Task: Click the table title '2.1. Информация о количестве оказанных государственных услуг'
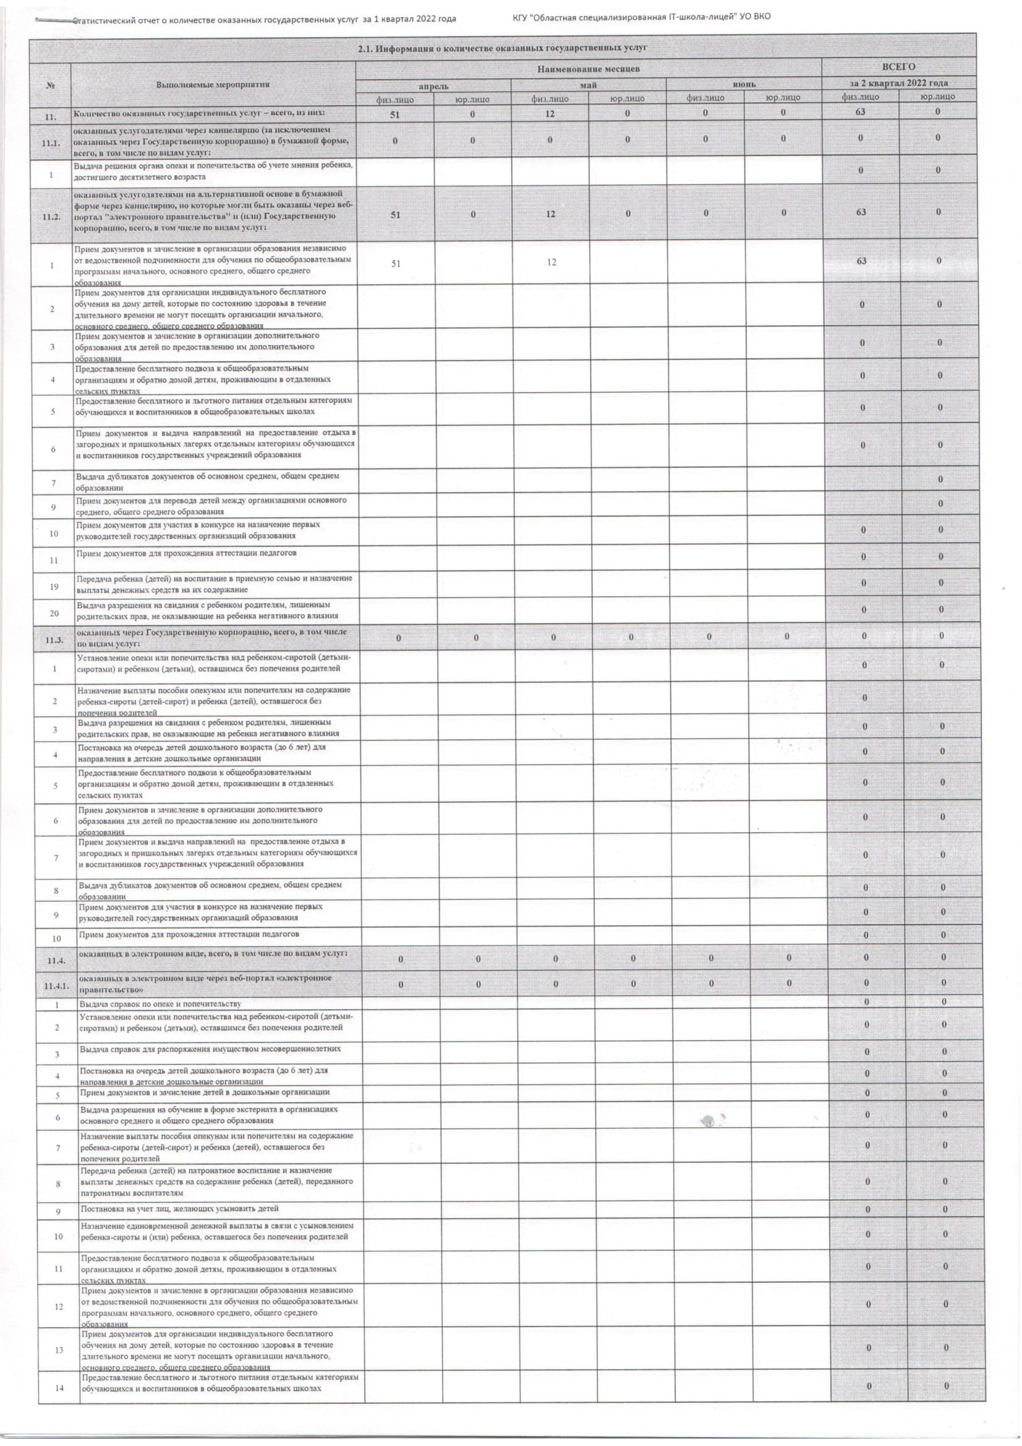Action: (502, 48)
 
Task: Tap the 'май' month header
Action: (589, 84)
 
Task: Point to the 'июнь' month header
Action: (744, 84)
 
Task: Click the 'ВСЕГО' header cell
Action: (899, 66)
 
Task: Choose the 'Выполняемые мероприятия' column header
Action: (213, 84)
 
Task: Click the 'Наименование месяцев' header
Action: (589, 68)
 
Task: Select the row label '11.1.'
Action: (50, 143)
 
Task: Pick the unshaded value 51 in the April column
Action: (395, 263)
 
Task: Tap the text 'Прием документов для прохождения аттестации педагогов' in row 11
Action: (186, 553)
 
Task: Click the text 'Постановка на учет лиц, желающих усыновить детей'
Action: (179, 1208)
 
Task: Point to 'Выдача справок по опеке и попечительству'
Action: (160, 1003)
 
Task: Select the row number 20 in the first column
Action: (54, 613)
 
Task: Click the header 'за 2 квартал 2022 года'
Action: (899, 83)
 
